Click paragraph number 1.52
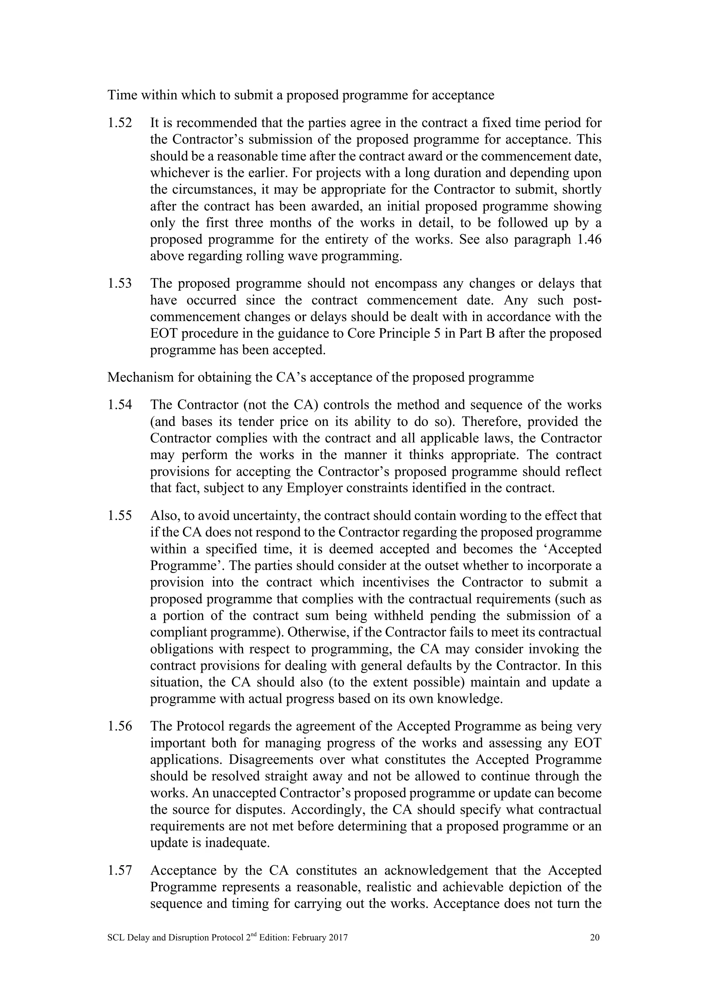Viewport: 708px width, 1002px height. [120, 123]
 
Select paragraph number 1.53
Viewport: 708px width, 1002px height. [120, 284]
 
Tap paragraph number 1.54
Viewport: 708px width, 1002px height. [120, 405]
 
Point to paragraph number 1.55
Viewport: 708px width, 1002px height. [120, 516]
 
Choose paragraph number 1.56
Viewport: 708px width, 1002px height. [120, 727]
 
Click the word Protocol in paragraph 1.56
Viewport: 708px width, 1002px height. [200, 727]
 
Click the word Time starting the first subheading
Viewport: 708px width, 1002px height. [122, 95]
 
